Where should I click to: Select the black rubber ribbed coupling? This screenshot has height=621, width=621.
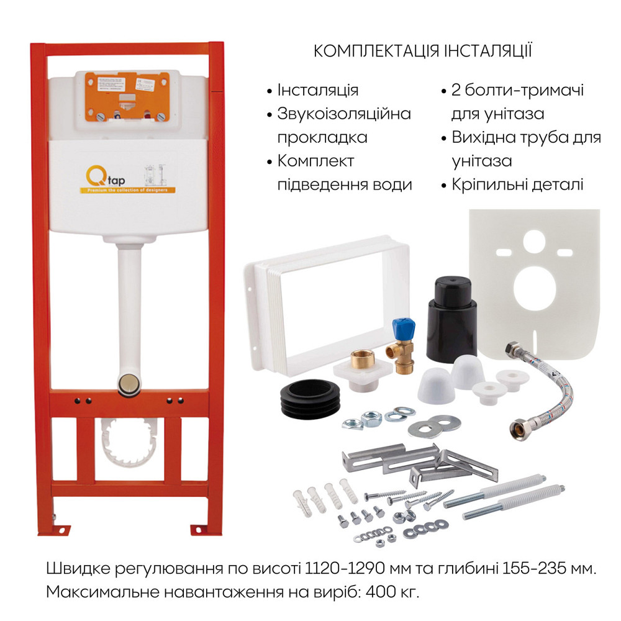pos(310,401)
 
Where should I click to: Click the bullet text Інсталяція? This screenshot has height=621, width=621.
pos(318,89)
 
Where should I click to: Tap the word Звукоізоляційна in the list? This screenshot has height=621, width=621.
pos(344,114)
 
